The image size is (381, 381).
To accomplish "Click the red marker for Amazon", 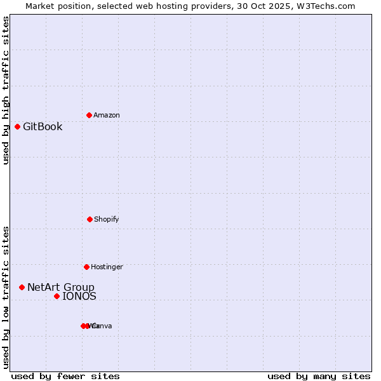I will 89,115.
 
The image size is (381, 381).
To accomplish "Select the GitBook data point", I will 17,126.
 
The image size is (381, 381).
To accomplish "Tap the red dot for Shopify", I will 90,219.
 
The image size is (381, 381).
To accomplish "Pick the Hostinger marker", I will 86,267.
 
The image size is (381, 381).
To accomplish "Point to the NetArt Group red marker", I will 22,287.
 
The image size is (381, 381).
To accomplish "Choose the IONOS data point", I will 57,296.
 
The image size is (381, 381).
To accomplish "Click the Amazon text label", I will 107,115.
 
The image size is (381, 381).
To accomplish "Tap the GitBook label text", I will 43,126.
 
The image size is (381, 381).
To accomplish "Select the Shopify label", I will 107,219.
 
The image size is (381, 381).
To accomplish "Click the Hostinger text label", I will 107,267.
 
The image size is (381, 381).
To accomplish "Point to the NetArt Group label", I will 61,287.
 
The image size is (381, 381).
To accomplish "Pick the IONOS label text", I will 79,296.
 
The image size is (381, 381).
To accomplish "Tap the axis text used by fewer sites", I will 65,376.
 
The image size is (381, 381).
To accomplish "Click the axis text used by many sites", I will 319,376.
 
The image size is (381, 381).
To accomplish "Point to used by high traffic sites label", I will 6,90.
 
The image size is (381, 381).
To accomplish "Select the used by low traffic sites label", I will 6,297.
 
